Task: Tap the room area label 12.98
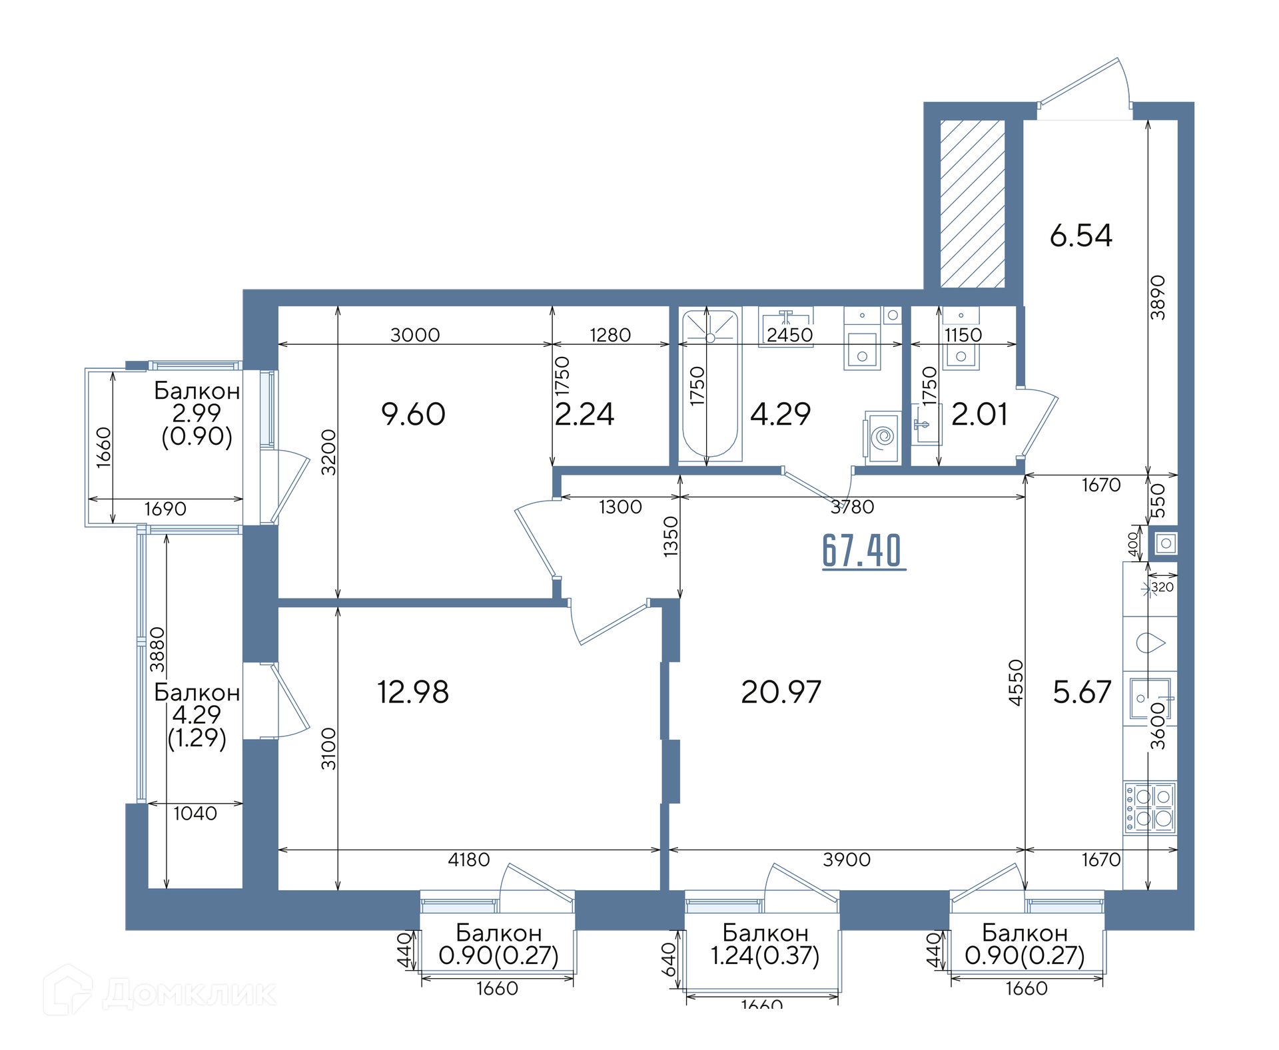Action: coord(413,692)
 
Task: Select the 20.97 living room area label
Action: coord(781,692)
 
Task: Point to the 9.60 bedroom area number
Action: coord(413,414)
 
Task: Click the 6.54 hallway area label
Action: coord(1080,235)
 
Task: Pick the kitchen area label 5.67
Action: coord(1082,692)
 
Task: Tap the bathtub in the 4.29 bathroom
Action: coord(710,384)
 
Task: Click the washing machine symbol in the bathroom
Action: coord(883,437)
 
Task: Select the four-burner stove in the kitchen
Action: coord(1150,807)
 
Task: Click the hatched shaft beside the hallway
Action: coord(973,204)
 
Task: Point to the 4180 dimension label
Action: coord(469,860)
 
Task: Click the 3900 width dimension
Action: coord(847,860)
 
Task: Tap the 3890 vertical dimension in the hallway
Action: coord(1158,297)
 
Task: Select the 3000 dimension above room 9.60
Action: coord(415,335)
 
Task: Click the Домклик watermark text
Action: coord(190,994)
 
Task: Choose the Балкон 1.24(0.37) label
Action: coord(765,944)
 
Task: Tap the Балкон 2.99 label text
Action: coord(197,401)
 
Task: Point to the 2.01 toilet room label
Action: coord(979,414)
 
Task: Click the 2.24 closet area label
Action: coord(584,414)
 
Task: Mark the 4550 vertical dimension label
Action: coord(1015,682)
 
